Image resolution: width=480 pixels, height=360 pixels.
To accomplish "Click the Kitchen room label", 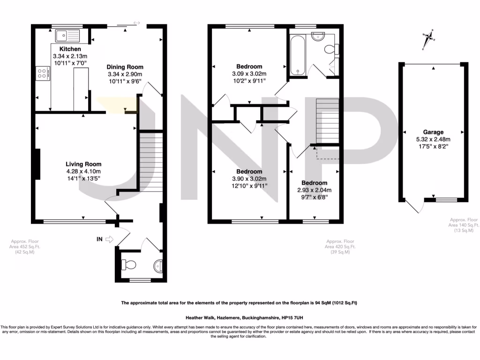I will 70,49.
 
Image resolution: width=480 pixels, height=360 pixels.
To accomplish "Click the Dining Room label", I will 125,67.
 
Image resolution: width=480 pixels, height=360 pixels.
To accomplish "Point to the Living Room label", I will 83,164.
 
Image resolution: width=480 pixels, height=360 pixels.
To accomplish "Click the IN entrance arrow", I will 110,240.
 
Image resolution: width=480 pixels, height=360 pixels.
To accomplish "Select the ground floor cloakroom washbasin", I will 158,266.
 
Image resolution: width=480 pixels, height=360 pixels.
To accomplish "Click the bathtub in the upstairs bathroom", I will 298,55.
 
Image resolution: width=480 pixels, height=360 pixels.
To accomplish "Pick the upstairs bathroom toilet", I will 331,48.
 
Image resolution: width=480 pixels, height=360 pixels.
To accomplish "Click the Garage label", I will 433,132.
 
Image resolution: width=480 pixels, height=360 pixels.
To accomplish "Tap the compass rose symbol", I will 427,38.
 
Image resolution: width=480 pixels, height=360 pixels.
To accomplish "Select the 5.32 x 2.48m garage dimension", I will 433,139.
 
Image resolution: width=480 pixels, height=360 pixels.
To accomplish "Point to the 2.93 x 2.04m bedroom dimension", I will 314,190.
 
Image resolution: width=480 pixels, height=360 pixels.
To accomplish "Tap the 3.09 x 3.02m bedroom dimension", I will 249,74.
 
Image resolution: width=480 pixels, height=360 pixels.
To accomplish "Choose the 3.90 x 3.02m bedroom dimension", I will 249,179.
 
